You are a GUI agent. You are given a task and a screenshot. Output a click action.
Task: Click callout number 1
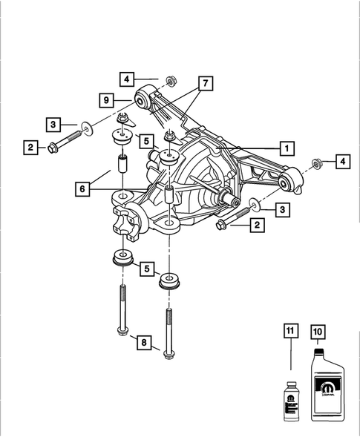click(284, 146)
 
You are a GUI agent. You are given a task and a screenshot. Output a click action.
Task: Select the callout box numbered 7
click(203, 82)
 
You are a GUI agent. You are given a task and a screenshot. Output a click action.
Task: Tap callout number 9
click(107, 98)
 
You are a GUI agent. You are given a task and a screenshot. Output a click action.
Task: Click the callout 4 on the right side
click(343, 161)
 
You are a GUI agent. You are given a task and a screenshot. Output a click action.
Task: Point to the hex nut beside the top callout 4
click(169, 79)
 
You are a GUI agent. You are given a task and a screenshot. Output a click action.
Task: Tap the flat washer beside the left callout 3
click(88, 130)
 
